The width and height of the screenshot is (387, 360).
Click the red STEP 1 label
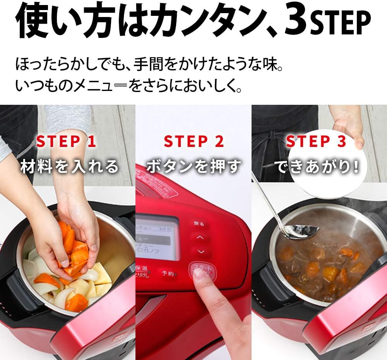click(x=66, y=142)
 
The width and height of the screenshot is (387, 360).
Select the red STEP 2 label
click(x=193, y=142)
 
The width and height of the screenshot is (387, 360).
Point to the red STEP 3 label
click(x=316, y=142)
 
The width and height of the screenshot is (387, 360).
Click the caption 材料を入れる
click(x=70, y=167)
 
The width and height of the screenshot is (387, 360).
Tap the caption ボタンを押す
click(x=193, y=167)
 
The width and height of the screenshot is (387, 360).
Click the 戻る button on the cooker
click(x=199, y=224)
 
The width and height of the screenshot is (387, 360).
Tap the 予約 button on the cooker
click(x=168, y=273)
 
